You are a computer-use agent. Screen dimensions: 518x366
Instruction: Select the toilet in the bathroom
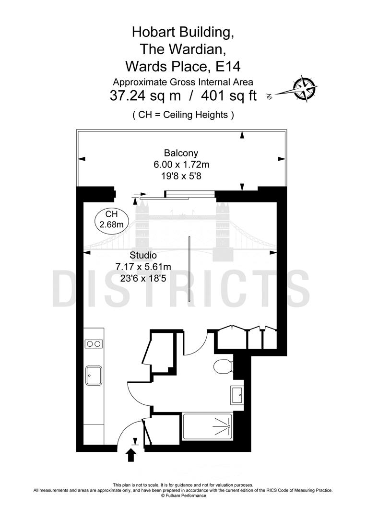pyautogui.click(x=223, y=367)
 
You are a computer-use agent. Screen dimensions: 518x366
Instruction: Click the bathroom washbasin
pyautogui.click(x=236, y=395)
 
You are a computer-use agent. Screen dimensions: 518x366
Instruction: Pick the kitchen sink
pyautogui.click(x=93, y=376)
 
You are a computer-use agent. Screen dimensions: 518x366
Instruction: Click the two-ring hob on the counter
pyautogui.click(x=93, y=343)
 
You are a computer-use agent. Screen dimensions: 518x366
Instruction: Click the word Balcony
pyautogui.click(x=181, y=153)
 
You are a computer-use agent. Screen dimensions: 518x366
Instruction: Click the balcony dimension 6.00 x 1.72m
pyautogui.click(x=181, y=165)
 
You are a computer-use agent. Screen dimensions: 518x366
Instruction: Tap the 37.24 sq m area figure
pyautogui.click(x=145, y=95)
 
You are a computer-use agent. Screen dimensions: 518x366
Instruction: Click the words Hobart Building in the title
pyautogui.click(x=183, y=32)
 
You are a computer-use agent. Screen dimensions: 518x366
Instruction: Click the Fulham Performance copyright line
pyautogui.click(x=183, y=495)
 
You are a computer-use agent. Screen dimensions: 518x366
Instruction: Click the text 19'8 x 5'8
pyautogui.click(x=181, y=176)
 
